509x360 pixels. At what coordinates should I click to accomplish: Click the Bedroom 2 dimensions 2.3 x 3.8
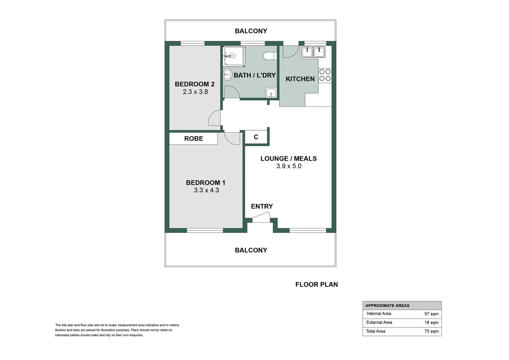tap(195, 92)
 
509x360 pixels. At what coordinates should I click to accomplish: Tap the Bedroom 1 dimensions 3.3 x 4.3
tap(206, 190)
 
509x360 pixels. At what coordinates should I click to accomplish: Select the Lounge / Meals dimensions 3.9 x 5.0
tap(288, 166)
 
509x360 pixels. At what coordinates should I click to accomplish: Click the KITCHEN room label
tap(300, 79)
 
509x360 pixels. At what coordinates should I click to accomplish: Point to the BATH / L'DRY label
tap(254, 75)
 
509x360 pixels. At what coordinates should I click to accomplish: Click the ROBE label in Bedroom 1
tap(194, 139)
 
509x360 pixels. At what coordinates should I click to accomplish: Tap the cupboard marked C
tap(256, 137)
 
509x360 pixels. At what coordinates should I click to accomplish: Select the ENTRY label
tap(262, 206)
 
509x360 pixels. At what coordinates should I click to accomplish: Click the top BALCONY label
tap(251, 31)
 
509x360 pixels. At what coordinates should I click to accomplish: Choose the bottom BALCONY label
tap(251, 250)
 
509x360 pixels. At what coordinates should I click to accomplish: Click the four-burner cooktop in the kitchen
tap(325, 75)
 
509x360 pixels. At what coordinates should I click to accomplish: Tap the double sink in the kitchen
tap(313, 52)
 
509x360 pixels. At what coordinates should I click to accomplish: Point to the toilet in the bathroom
tap(270, 56)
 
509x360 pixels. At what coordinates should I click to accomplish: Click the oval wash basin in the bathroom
tap(227, 74)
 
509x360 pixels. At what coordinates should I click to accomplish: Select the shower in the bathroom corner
tap(234, 56)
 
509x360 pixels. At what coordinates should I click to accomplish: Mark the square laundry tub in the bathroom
tap(271, 92)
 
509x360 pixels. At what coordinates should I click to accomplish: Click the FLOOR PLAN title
tap(316, 284)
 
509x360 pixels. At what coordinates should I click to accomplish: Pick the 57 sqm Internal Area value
tap(431, 314)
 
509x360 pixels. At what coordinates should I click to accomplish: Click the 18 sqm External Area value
tap(431, 322)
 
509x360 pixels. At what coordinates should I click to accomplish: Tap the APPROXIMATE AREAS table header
tap(387, 305)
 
